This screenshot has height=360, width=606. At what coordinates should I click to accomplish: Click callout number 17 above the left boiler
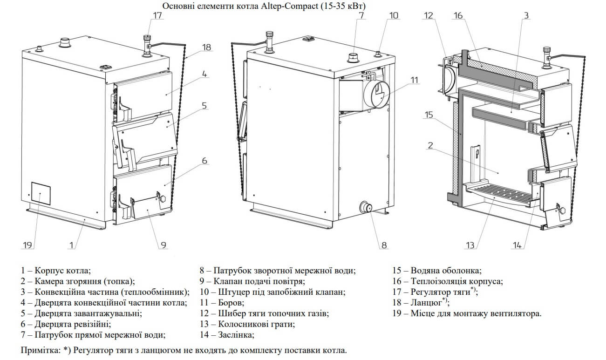point(158,15)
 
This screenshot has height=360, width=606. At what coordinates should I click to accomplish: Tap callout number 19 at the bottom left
point(27,245)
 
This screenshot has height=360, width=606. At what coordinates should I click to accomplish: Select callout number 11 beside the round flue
point(415,80)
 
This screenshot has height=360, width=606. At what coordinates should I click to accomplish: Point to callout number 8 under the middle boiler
point(383,245)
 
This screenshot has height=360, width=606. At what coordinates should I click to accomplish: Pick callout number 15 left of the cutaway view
point(429,115)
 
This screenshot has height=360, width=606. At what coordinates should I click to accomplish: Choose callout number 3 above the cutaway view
point(525,15)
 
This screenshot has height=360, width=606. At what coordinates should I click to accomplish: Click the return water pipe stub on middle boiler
point(366,207)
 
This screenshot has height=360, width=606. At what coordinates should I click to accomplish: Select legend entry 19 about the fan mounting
point(467,313)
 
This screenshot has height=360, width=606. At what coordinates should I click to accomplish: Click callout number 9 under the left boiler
point(162,245)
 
